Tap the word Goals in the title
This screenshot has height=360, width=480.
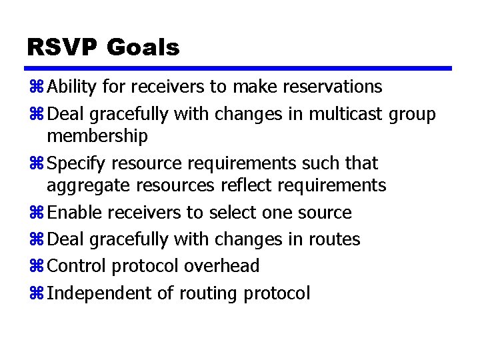[143, 47]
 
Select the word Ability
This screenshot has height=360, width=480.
[71, 87]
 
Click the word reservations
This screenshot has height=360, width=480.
[333, 87]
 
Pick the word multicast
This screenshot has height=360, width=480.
[342, 114]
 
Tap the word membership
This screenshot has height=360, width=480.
[97, 137]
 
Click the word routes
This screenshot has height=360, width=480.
[334, 239]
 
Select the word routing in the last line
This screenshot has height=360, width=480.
[207, 293]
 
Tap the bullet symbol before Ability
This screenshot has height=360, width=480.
[36, 87]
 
